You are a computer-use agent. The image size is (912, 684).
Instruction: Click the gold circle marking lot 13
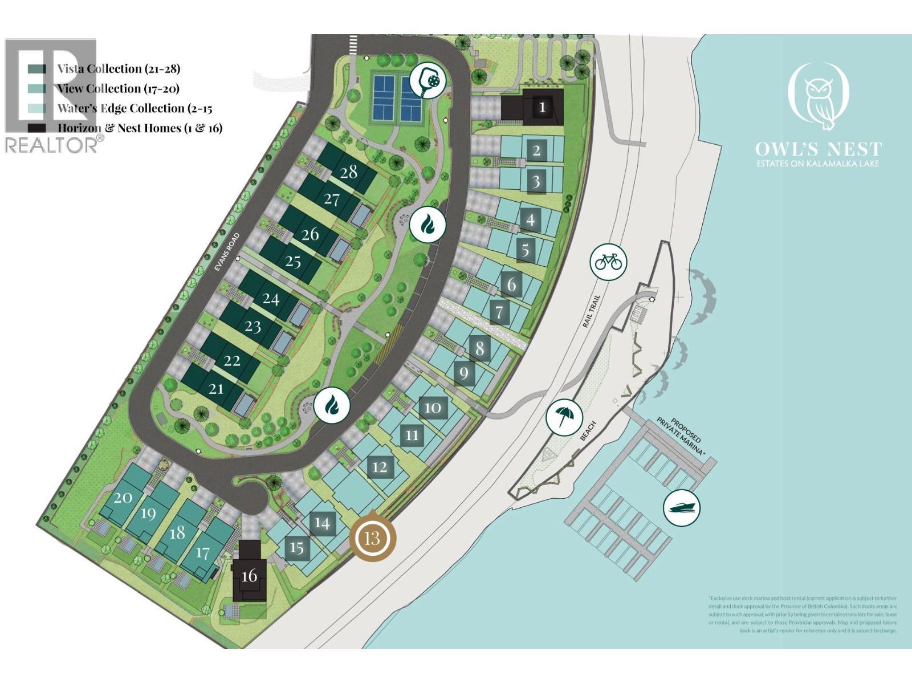point(372,538)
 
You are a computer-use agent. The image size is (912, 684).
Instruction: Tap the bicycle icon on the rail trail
point(608,262)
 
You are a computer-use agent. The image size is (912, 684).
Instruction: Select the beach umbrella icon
point(564,417)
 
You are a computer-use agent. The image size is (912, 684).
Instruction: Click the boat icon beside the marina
point(682,508)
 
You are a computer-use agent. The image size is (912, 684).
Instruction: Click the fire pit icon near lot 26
point(427,225)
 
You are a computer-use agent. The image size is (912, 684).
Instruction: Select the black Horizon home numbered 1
point(542,107)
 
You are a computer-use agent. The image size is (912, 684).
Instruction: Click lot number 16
point(249,576)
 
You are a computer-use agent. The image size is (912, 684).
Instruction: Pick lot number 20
point(123,497)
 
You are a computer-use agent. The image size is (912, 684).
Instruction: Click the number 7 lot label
point(499,312)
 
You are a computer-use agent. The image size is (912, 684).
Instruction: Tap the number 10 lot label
point(433,408)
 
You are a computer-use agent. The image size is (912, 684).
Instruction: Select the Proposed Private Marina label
point(681,435)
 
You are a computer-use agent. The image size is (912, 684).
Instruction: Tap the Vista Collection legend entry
point(118,69)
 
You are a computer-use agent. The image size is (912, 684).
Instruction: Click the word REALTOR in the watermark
point(51,145)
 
